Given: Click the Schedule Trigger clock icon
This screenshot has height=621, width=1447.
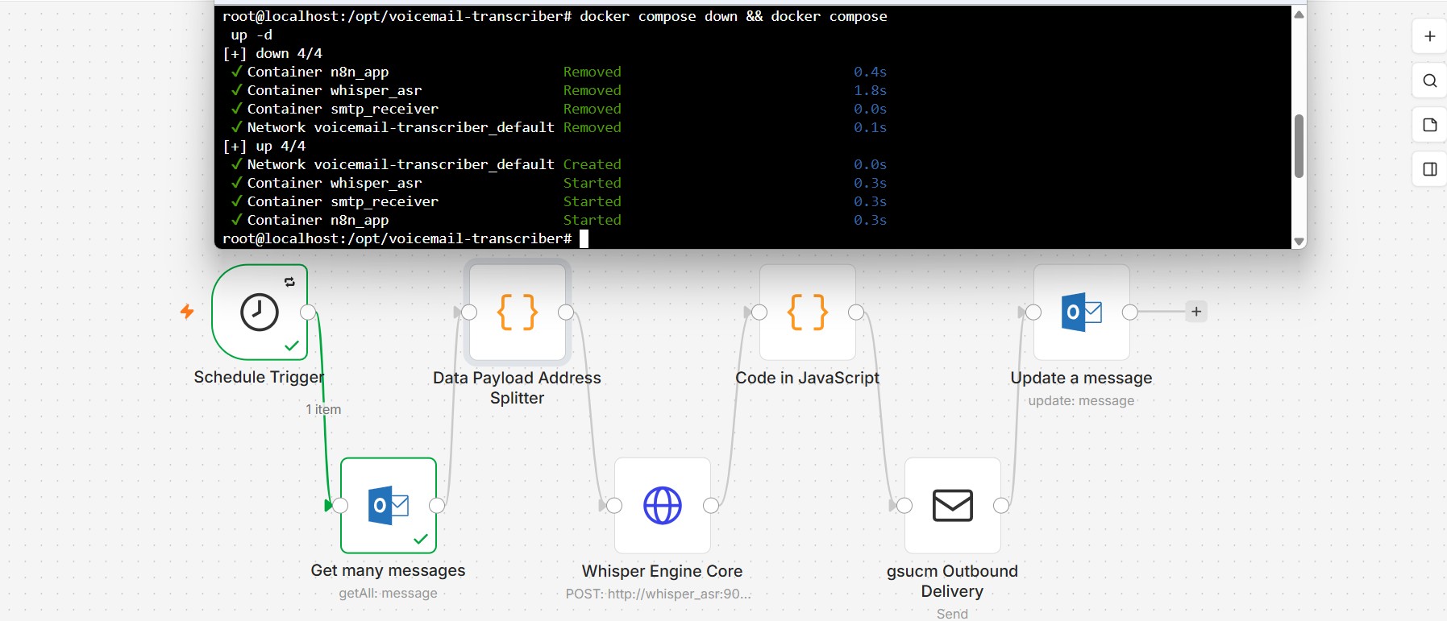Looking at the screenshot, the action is tap(260, 313).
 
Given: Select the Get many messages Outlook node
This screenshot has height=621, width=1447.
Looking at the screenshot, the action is tap(389, 506).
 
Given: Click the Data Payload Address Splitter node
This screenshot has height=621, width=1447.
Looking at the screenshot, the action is tap(518, 313).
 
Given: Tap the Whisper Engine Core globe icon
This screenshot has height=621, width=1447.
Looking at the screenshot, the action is tap(663, 506).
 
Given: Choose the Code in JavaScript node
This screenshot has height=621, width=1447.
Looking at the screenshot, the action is tap(808, 313).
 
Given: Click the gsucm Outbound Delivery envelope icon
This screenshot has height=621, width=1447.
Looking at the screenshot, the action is tap(953, 506).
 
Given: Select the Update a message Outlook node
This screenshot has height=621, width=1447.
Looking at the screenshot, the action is tap(1082, 313).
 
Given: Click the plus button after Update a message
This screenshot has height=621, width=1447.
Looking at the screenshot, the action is tap(1196, 312).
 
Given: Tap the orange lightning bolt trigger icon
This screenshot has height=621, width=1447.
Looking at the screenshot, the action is tap(187, 311).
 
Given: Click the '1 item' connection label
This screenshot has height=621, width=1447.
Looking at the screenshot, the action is tap(323, 409).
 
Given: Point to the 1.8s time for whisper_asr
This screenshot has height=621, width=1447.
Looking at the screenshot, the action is tap(871, 90).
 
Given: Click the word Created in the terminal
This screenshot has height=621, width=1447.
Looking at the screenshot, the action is tap(593, 164).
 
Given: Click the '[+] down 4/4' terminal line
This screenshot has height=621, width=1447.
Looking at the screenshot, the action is tap(272, 53).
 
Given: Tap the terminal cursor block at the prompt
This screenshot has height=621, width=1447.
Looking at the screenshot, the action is tap(584, 238).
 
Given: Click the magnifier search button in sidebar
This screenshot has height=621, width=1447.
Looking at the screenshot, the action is tap(1430, 81).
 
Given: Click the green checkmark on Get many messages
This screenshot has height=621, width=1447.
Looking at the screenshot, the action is tap(421, 539).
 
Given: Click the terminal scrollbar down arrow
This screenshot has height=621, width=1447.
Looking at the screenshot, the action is tap(1299, 241).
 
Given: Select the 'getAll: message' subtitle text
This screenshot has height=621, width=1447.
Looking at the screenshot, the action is tap(389, 594).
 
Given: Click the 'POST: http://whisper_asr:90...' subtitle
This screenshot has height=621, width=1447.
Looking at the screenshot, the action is tap(658, 594).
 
